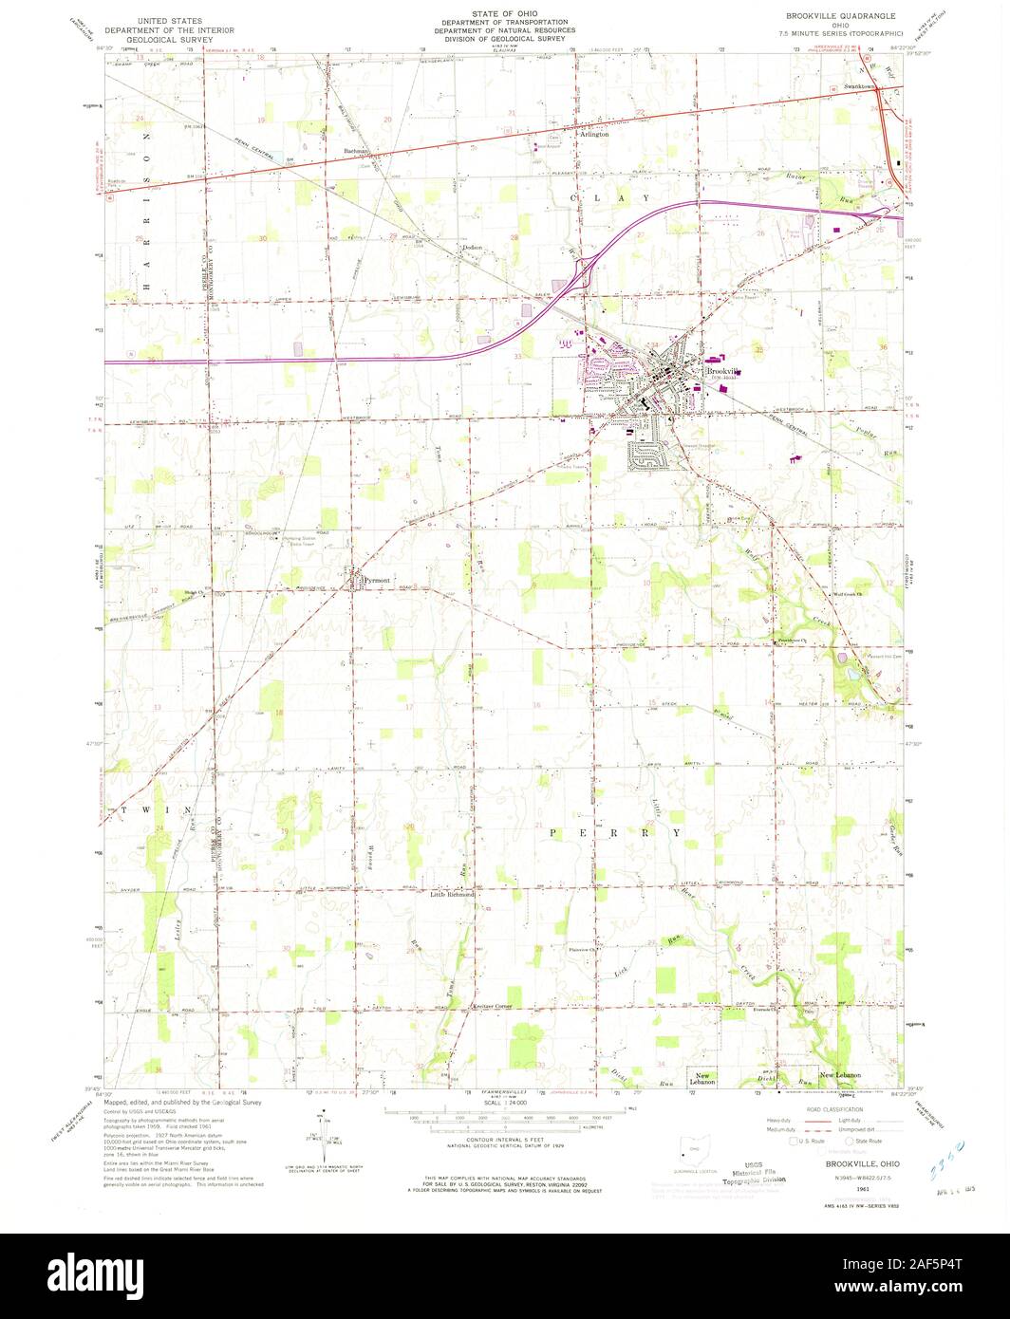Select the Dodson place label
[472, 248]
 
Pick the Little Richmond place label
[452, 895]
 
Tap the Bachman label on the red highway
[356, 151]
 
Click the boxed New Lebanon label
[702, 1079]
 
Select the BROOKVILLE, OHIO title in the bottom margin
[850, 1162]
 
